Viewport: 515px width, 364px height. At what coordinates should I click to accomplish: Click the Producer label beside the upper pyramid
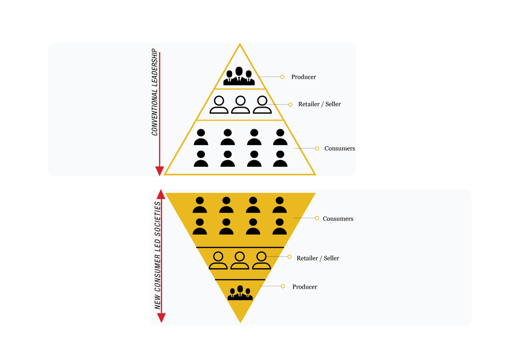[x=303, y=77]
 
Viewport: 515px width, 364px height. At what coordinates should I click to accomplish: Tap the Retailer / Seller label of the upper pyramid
[x=319, y=104]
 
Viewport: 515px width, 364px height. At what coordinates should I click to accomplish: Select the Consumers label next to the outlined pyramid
[x=339, y=148]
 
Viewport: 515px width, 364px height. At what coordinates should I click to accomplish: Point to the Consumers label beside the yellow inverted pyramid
[x=338, y=219]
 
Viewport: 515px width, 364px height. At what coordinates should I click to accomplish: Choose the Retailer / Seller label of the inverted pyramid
[x=318, y=258]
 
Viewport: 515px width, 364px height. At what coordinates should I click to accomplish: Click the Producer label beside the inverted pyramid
[x=305, y=287]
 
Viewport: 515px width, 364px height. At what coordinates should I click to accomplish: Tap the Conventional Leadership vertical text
[x=154, y=92]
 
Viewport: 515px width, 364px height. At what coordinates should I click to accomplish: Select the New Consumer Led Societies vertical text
[x=158, y=255]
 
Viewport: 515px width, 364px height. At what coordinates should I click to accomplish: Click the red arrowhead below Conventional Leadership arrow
[x=160, y=171]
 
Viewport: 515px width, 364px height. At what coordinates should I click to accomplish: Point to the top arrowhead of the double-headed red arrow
[x=161, y=194]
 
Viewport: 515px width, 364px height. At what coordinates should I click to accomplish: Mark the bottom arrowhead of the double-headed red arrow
[x=161, y=318]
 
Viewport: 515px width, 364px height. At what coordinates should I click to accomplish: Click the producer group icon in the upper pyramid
[x=239, y=76]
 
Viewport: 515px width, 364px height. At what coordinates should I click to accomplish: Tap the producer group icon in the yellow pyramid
[x=240, y=293]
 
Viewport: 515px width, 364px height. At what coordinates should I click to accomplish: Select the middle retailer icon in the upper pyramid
[x=241, y=105]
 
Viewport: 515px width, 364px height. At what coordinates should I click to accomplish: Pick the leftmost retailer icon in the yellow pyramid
[x=218, y=261]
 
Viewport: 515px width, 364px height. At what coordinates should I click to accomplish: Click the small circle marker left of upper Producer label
[x=282, y=77]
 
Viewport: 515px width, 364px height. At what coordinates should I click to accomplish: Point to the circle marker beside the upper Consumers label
[x=317, y=148]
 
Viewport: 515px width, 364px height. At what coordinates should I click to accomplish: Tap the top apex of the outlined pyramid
[x=240, y=43]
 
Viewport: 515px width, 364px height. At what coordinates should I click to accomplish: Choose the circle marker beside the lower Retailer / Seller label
[x=289, y=257]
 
